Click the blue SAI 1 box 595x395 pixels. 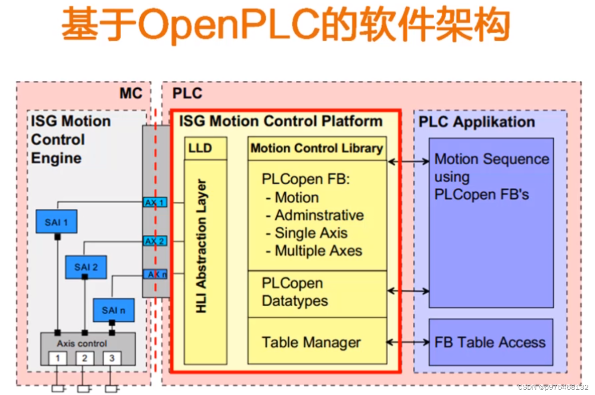pos(56,221)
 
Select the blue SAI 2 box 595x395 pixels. pos(86,267)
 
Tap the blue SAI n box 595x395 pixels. pos(114,310)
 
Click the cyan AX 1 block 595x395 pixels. pos(155,202)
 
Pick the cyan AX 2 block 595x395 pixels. pos(155,241)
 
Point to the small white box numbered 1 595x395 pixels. pos(58,358)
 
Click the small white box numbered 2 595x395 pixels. pos(85,358)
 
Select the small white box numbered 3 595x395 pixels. pos(112,358)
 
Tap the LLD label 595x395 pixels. pos(200,148)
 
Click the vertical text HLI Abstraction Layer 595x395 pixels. pos(201,246)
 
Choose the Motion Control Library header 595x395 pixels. pos(317,148)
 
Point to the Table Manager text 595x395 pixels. pos(311,342)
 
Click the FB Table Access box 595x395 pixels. pos(491,342)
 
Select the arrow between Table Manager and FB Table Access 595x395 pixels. pos(408,342)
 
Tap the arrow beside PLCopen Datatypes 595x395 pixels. pos(408,291)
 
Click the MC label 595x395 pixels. pos(131,93)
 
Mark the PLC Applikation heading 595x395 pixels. pos(477,122)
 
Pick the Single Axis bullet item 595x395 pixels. pos(307,233)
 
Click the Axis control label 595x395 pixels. pos(82,344)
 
